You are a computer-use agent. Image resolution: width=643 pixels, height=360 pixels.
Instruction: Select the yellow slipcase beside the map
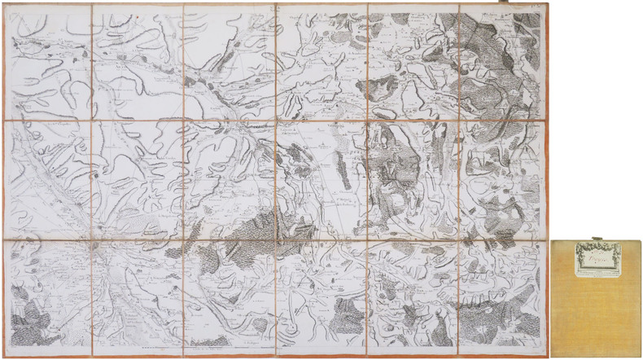pos(597,297)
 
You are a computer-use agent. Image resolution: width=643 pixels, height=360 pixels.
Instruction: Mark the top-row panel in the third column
pos(230,63)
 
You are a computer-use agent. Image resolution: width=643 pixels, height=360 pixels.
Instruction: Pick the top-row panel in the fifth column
pos(414,63)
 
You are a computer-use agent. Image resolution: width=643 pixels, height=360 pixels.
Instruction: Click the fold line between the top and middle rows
pos(277,121)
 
